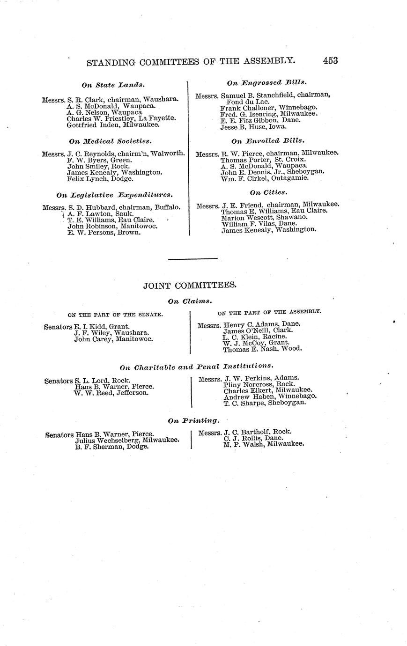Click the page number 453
click(330, 60)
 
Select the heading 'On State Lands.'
click(113, 85)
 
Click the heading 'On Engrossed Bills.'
click(266, 82)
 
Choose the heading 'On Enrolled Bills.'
click(267, 140)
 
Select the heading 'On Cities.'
click(268, 192)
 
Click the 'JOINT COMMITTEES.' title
click(190, 286)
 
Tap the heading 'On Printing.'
click(193, 420)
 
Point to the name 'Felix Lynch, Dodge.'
click(100, 179)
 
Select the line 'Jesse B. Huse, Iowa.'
click(253, 126)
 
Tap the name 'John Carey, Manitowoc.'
click(113, 339)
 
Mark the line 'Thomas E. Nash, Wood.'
click(262, 349)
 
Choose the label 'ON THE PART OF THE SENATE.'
click(115, 315)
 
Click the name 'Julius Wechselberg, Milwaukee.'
click(126, 440)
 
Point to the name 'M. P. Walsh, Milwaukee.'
click(264, 444)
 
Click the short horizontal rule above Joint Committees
click(192, 259)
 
